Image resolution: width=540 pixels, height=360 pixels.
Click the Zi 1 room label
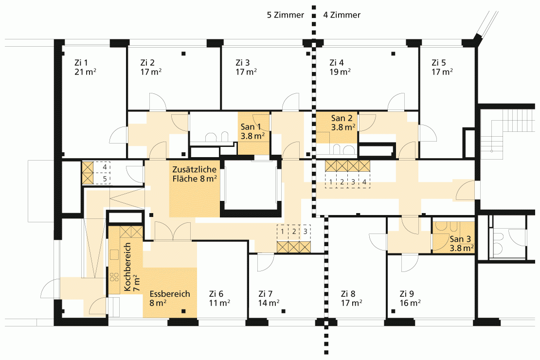coord(81,63)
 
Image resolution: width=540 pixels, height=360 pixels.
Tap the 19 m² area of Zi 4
coord(340,72)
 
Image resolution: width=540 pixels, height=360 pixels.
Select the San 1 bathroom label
coord(251,127)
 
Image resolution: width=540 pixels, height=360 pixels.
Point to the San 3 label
coord(460,239)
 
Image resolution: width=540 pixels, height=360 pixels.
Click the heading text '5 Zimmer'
coord(286,15)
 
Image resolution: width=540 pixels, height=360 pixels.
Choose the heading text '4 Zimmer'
coord(342,15)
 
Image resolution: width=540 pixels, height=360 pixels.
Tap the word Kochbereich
coord(127,267)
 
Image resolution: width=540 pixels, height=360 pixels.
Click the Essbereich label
coord(170,294)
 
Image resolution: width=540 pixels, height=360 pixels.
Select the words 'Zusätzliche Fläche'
coord(195,174)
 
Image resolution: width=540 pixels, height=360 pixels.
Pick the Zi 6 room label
coord(216,294)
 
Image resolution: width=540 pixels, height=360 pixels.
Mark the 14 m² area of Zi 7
coord(269,303)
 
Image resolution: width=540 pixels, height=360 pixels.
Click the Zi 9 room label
coord(407,294)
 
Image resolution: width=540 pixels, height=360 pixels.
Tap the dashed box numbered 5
coord(103,179)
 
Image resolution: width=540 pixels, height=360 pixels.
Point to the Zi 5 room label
coord(439,63)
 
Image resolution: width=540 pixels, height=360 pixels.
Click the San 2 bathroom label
coord(342,118)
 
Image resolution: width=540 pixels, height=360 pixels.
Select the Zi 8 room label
coord(348,294)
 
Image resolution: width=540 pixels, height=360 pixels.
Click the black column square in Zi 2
coord(183,54)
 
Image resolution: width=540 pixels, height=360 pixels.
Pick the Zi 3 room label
coord(243,63)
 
